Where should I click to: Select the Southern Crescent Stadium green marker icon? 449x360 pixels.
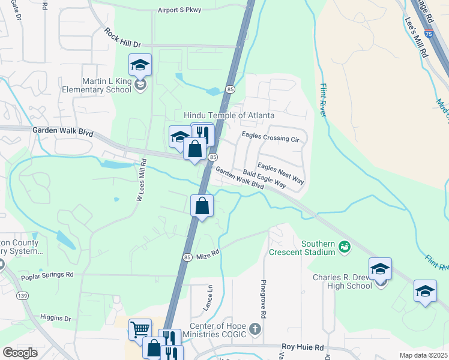[x=344, y=245]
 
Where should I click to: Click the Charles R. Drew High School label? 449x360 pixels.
[x=342, y=281]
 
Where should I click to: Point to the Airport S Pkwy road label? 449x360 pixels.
[x=180, y=10]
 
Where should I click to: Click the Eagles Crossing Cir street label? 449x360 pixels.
[x=270, y=137]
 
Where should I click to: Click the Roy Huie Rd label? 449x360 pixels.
[x=303, y=347]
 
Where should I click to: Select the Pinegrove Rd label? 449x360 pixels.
[x=263, y=299]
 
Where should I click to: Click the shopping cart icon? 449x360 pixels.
[x=140, y=328]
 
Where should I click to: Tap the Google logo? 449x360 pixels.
[x=20, y=353]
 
